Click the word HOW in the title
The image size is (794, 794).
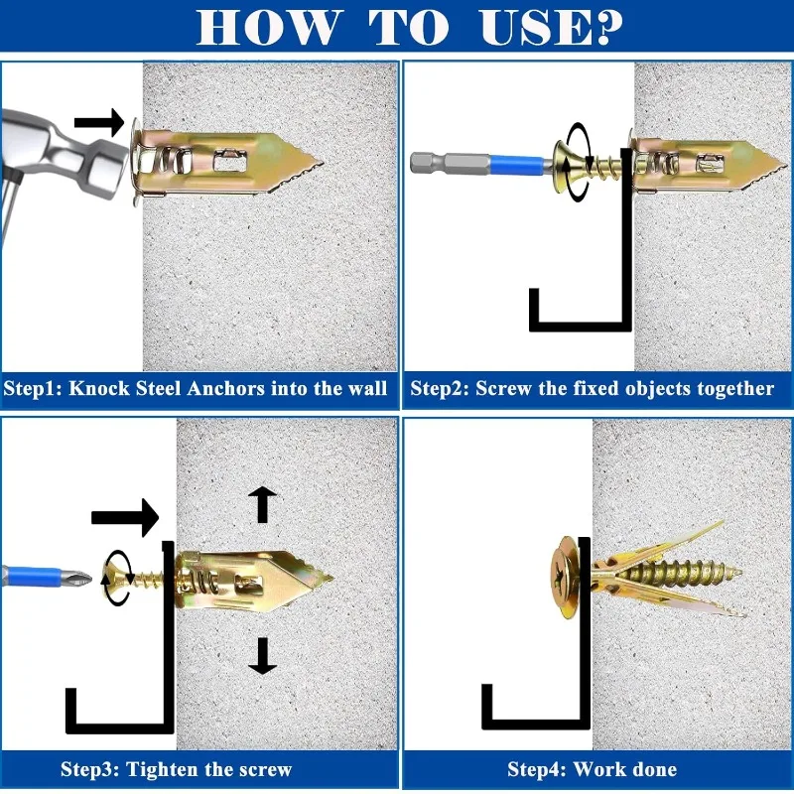(x=267, y=27)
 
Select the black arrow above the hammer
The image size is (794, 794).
(x=99, y=122)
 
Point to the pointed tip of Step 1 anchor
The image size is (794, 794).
(x=322, y=163)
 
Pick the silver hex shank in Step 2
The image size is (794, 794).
(x=450, y=164)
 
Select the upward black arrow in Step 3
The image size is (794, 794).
(x=262, y=504)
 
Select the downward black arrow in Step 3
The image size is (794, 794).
(x=262, y=656)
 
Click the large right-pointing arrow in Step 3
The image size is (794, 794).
(x=126, y=517)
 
